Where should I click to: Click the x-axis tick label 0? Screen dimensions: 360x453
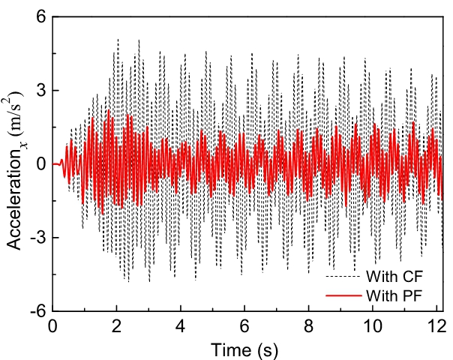point(52,327)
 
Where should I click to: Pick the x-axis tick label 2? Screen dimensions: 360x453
point(116,327)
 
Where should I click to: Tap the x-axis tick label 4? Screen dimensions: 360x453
point(180,327)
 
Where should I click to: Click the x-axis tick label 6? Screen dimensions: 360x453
point(244,327)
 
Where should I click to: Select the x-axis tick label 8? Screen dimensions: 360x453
point(308,327)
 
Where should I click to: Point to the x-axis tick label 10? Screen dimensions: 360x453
point(372,327)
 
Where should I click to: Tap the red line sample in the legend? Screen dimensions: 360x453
point(343,294)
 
